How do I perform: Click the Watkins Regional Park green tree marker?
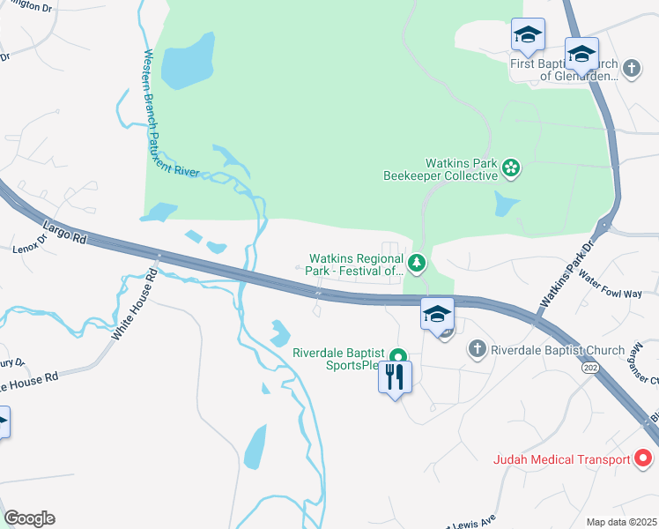coord(417,263)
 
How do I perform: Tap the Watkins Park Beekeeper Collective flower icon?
coord(510,167)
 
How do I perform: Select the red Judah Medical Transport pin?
coord(643,458)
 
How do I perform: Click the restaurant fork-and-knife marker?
coord(394,377)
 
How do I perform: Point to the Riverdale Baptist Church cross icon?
coord(478,349)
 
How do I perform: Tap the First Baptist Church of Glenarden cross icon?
coord(631,68)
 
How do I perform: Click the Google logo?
coord(29,518)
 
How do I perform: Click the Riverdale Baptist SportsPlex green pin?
coord(398,358)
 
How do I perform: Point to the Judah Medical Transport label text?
coord(559,459)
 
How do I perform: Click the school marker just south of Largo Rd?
coord(436,314)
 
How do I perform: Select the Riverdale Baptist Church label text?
coord(557,350)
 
